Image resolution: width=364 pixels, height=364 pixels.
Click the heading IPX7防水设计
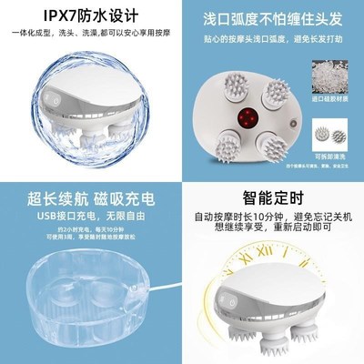(90, 16)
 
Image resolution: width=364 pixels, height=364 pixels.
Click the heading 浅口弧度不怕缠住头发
(273, 16)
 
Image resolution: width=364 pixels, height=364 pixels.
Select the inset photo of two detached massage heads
(329, 134)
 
